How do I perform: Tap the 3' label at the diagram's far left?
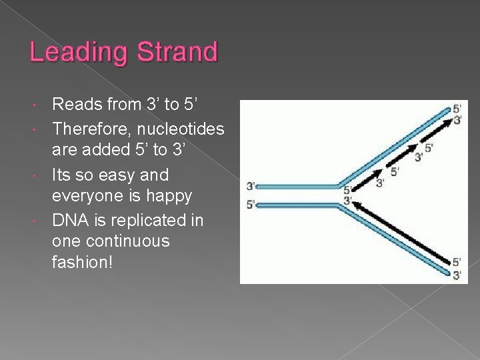click(x=251, y=186)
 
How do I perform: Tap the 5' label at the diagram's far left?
click(x=251, y=205)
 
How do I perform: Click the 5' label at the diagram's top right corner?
click(x=457, y=109)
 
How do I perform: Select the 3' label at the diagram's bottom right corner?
click(x=457, y=275)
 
